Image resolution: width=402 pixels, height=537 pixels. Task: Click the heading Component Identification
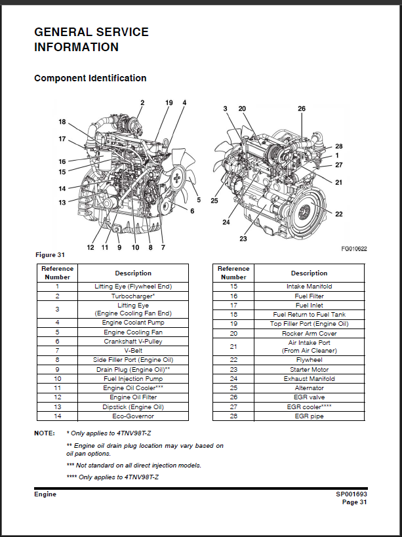point(90,79)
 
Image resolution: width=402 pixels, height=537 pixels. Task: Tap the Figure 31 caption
point(50,255)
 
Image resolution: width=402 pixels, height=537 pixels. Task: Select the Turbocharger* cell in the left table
point(133,296)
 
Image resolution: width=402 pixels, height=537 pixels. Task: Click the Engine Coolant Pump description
point(133,323)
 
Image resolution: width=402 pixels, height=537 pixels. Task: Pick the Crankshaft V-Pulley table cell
point(133,342)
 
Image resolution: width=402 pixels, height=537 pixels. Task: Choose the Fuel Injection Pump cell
point(133,379)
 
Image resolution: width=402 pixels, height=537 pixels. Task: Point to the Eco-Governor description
point(133,416)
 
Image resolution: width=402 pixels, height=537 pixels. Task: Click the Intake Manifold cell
point(309,287)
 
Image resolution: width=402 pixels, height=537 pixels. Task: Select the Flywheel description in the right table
point(309,360)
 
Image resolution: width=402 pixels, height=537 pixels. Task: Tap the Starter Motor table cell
point(309,369)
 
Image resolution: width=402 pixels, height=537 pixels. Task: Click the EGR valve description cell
point(309,397)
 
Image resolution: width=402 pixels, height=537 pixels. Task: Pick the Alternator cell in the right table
point(309,388)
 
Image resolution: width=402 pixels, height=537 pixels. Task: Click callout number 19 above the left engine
point(169,103)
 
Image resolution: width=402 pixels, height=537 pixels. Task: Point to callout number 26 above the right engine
point(302,108)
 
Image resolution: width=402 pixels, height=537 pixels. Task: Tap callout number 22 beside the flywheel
point(338,214)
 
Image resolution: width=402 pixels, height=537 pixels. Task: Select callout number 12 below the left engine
point(90,247)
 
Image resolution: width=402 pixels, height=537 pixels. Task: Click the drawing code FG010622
point(353,249)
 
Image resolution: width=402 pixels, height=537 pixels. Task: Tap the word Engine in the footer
point(45,494)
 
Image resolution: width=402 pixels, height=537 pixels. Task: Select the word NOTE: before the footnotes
point(45,433)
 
